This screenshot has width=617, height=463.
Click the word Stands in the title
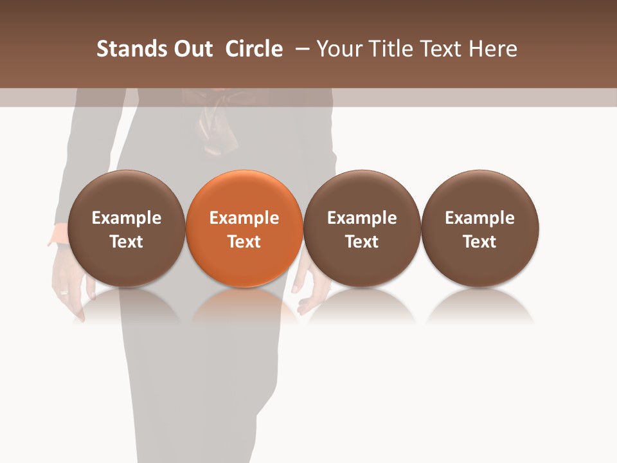tap(132, 49)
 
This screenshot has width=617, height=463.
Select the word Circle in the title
tap(254, 49)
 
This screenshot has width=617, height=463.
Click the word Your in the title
tap(339, 49)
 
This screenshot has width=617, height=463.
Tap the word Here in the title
tap(492, 49)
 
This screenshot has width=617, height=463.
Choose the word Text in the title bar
tap(439, 49)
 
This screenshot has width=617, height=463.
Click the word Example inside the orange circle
tap(244, 218)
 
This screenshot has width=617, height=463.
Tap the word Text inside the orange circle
tap(244, 242)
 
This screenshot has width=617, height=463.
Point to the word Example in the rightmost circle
tap(480, 218)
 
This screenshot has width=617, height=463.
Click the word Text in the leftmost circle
tap(126, 242)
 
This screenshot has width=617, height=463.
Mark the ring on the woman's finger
tap(64, 293)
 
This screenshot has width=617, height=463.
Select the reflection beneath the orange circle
tap(244, 305)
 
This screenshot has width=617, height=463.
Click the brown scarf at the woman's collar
tap(215, 125)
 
